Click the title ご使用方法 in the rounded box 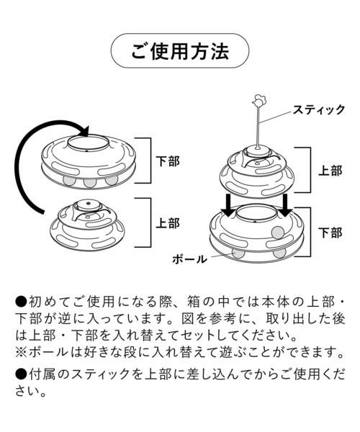[179, 51]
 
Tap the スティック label [318, 110]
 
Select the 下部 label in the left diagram [168, 162]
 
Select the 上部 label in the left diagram [168, 223]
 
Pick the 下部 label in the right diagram [330, 233]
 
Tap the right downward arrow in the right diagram [286, 205]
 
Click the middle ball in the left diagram [90, 181]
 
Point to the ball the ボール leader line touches [238, 252]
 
